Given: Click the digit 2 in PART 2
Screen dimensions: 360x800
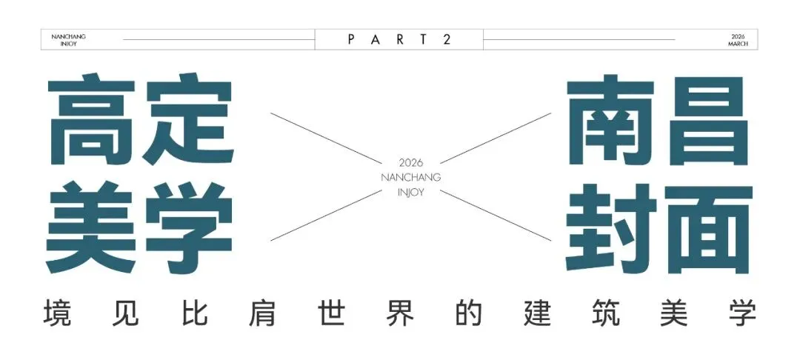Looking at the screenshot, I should [x=447, y=39].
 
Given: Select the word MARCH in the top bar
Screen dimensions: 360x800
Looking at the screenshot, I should [x=738, y=44].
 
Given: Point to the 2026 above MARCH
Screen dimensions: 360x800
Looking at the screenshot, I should [x=738, y=36].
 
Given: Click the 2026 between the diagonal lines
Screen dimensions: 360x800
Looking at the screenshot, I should [x=410, y=162].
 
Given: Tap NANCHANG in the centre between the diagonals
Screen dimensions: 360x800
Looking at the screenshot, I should [x=410, y=177].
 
